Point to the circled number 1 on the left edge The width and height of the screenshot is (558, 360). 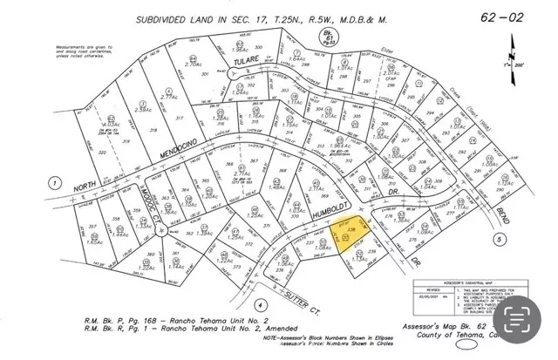pos(56,183)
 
